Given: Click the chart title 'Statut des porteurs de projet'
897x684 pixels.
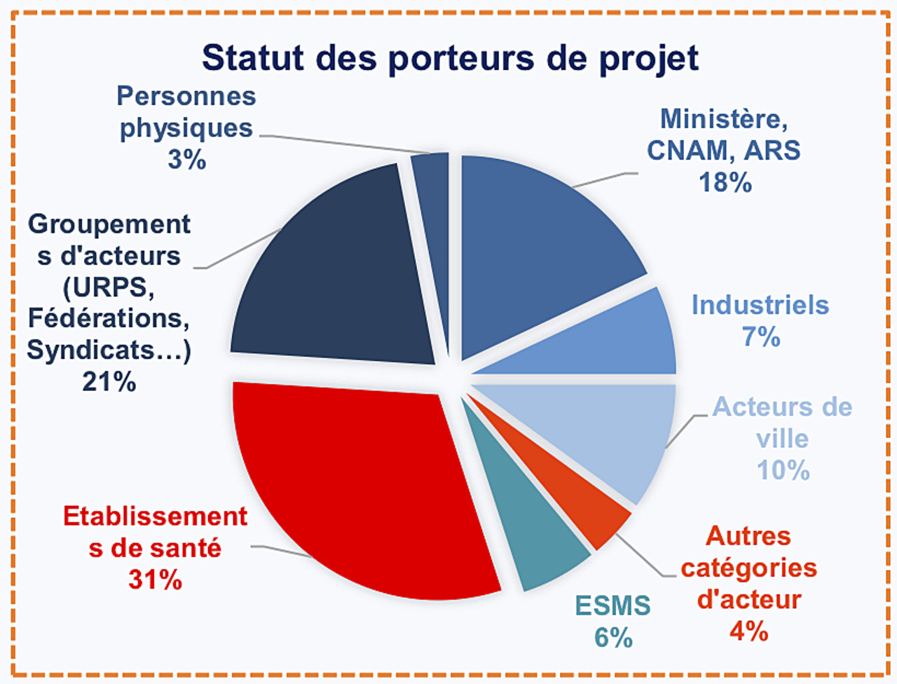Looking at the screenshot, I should tap(450, 57).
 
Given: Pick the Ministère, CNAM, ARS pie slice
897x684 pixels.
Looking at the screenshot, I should tap(540, 245).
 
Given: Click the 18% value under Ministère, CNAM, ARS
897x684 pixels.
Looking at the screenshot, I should tap(725, 183).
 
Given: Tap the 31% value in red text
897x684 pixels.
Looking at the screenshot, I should tap(155, 580).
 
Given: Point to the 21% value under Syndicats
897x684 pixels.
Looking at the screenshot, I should tap(109, 382).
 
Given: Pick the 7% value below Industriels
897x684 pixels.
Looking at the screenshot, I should tap(761, 337).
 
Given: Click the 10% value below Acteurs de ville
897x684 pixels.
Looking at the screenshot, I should tap(783, 470).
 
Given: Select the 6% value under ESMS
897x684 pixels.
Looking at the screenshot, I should tap(613, 638).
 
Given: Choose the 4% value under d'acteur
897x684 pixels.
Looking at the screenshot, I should tap(748, 631).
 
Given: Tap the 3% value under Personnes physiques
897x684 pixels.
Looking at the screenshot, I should tap(186, 160).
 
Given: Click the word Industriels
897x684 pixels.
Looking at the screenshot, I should tap(760, 306).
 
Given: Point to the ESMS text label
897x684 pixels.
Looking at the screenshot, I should tap(613, 606).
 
